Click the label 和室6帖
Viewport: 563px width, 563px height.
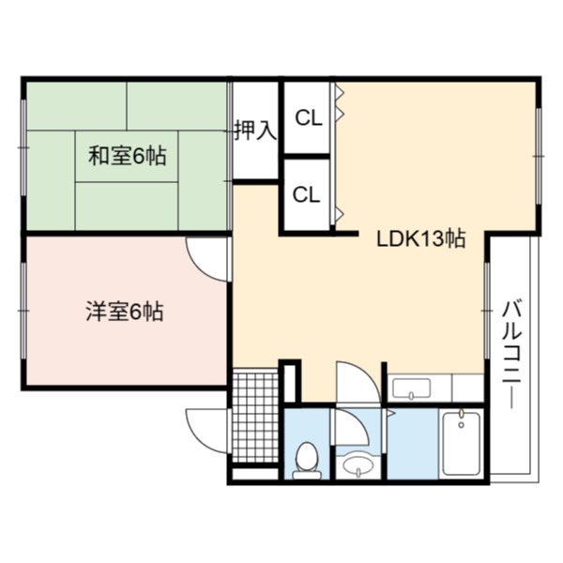point(128,156)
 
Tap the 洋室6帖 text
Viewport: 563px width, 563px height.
point(125,311)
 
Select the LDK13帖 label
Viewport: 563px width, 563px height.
point(421,238)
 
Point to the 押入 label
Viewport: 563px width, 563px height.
point(255,130)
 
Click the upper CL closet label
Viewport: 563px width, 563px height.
point(309,117)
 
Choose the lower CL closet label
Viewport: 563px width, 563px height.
point(306,194)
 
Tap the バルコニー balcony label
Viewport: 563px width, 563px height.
point(511,355)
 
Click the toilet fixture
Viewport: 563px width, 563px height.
point(307,461)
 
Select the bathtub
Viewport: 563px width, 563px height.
point(462,444)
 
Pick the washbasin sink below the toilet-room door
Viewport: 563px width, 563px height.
point(358,465)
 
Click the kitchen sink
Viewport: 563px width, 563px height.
point(412,388)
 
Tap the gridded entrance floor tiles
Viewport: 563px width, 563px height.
point(255,416)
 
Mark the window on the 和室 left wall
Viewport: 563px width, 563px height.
point(23,147)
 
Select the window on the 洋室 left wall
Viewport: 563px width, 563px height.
point(23,311)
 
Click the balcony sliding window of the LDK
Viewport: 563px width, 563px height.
point(487,311)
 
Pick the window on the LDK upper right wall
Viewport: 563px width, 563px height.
point(539,156)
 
